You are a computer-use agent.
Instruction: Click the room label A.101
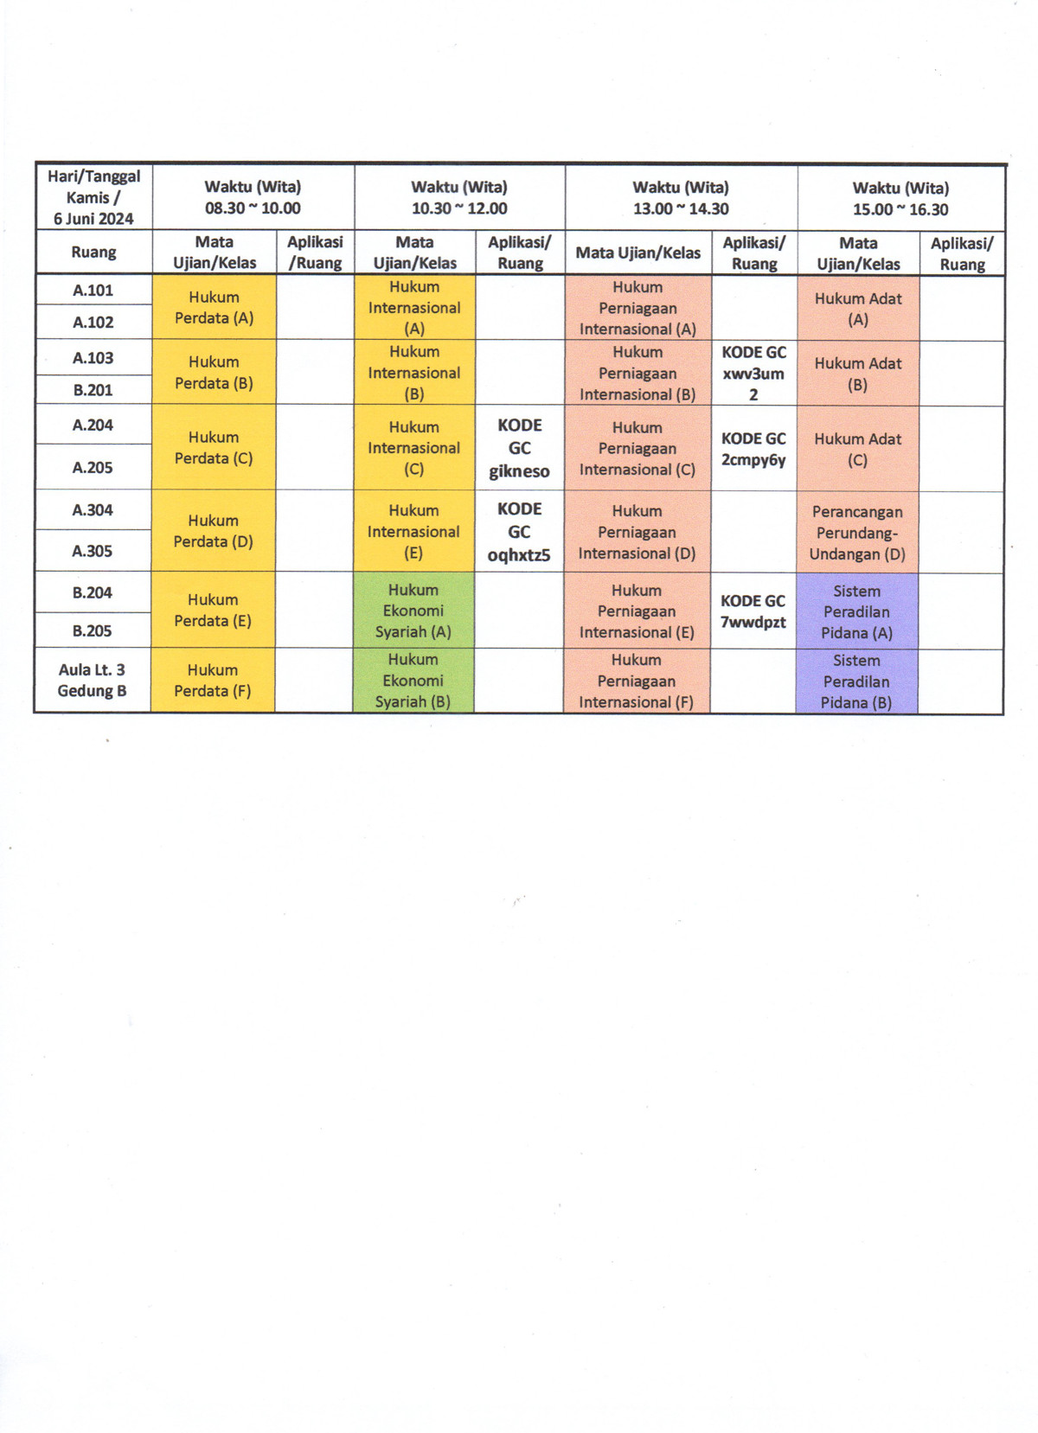[x=93, y=291]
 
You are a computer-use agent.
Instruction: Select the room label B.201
[x=93, y=390]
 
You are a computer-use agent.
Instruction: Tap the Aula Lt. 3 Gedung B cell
[x=92, y=680]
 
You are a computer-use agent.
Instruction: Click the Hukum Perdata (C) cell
[x=214, y=447]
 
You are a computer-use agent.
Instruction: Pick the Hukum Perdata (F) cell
[x=213, y=680]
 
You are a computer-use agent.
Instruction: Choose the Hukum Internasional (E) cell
[x=413, y=531]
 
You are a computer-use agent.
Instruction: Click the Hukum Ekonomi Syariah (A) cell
[x=413, y=611]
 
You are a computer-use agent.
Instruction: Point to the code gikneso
[x=519, y=471]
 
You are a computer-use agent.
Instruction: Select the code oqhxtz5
[x=519, y=555]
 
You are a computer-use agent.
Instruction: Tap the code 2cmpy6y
[x=753, y=460]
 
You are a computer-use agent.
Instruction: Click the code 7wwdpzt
[x=753, y=622]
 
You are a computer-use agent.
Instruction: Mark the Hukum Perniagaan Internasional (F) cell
[x=636, y=681]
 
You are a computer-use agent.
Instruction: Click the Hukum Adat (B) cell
[x=857, y=374]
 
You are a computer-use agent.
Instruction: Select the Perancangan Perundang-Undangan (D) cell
[x=857, y=533]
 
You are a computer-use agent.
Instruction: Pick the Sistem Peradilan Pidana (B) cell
[x=856, y=681]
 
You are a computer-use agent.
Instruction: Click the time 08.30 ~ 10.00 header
[x=253, y=208]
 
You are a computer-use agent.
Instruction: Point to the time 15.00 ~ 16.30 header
[x=900, y=209]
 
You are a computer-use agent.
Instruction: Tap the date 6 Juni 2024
[x=93, y=219]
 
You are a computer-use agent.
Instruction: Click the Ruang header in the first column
[x=93, y=253]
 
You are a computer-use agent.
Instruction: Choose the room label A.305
[x=93, y=551]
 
